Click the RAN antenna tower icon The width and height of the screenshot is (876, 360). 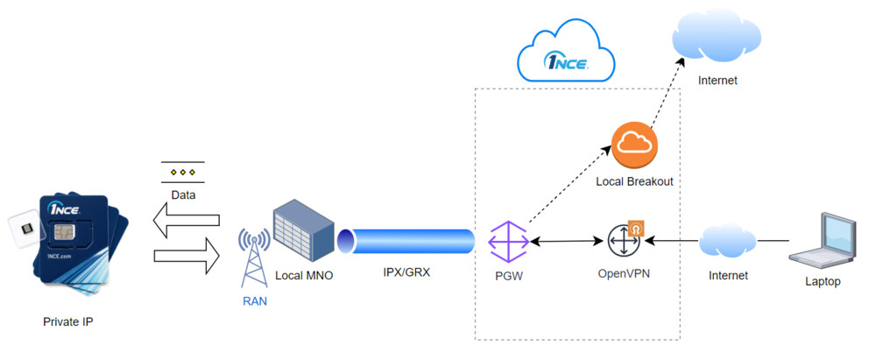[x=256, y=256]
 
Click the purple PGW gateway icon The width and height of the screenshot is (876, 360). [x=508, y=243]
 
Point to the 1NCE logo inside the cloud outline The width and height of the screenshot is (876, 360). [x=566, y=61]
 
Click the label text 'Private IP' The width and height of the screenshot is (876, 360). [x=67, y=322]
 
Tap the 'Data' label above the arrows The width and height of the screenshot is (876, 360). [x=183, y=194]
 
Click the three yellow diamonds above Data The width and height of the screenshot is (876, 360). [x=183, y=173]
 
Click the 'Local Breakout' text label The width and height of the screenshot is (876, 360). [x=634, y=181]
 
